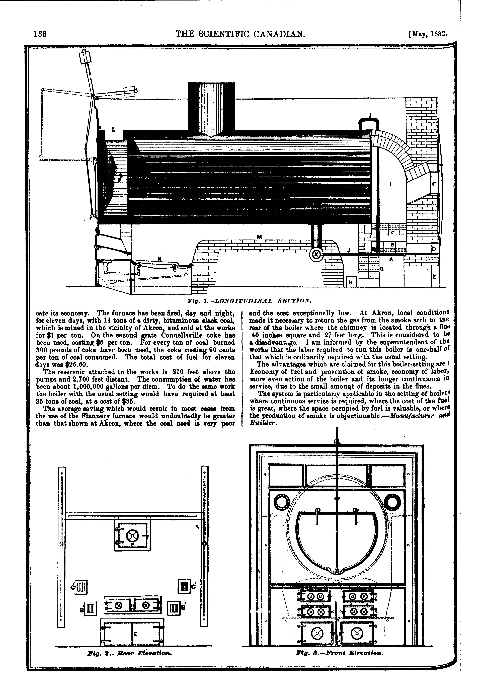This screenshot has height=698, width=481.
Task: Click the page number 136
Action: (40, 34)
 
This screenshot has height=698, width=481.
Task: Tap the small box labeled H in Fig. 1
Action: (351, 282)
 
